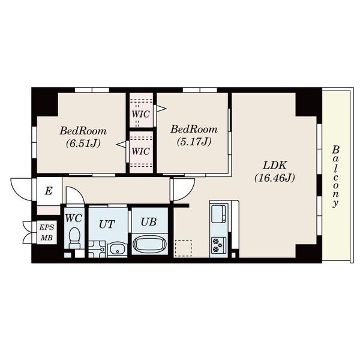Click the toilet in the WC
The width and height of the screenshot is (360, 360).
coord(74,238)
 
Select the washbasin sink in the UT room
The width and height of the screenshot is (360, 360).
coord(118,250)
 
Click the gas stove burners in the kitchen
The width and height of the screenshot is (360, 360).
coord(219,245)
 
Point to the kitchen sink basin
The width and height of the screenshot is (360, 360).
coord(218,214)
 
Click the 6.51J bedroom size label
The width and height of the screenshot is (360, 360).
coord(83,144)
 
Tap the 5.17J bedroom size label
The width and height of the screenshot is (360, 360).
coord(194,142)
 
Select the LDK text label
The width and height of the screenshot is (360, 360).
coord(275,166)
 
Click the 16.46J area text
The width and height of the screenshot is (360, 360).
coord(275,178)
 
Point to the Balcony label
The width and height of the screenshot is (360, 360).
coord(335,176)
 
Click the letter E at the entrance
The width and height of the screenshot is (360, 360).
coord(49,191)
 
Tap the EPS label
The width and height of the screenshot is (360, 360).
coord(47,227)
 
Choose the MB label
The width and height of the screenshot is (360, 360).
coord(47,238)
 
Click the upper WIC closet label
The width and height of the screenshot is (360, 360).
coord(141,114)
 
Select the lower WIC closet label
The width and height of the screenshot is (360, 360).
coord(141,152)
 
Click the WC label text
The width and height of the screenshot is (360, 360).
coord(73,218)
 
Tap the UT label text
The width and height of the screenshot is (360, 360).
coord(107,224)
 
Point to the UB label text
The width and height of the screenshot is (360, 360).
coord(149,222)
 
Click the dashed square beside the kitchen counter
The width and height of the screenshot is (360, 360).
coord(183,248)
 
